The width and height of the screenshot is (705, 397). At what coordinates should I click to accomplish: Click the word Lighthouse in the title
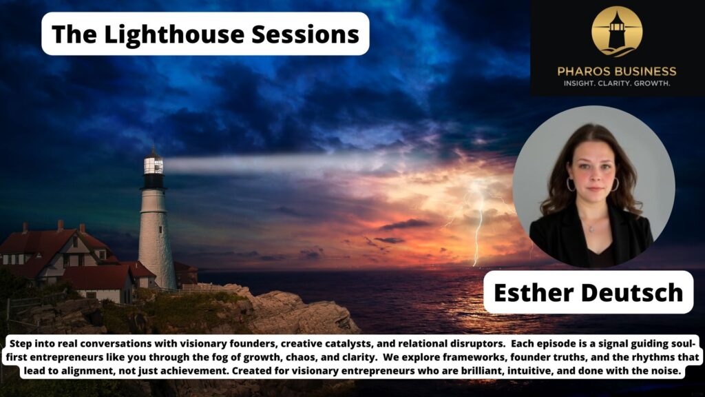tap(164, 34)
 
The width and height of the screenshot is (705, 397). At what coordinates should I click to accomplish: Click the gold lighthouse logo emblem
tap(617, 31)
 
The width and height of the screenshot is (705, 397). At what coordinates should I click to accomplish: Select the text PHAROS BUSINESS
tap(617, 71)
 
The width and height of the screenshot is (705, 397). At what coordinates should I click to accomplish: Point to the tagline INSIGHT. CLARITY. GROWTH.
tap(617, 83)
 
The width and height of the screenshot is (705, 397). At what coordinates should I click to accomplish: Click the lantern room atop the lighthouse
tap(153, 164)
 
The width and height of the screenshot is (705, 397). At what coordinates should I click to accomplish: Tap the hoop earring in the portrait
tap(571, 185)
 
